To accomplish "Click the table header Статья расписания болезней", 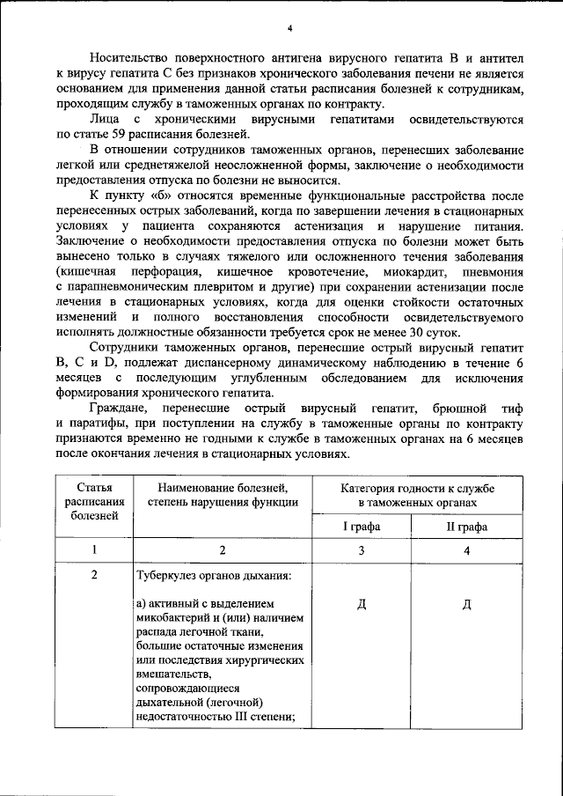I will [x=94, y=501].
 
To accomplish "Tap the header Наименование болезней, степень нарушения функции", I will [x=223, y=494].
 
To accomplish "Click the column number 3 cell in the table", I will [x=361, y=550].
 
